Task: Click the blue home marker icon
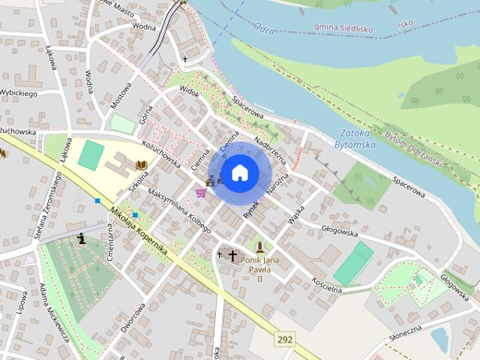tap(239, 173)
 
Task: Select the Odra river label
tap(265, 29)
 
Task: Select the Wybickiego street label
tap(19, 93)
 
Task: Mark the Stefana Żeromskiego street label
tap(46, 207)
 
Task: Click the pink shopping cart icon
tap(200, 193)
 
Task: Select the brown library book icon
tap(140, 164)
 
